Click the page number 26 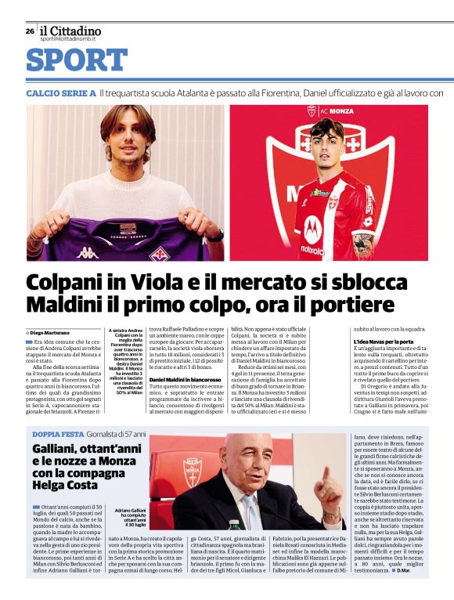[30, 31]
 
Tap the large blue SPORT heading [77, 60]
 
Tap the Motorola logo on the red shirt [313, 251]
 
